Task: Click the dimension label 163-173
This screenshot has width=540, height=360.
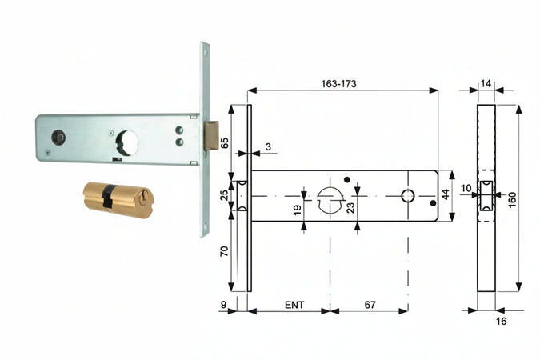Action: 338,84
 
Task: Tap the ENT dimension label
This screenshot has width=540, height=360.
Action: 294,305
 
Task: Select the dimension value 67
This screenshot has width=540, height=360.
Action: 370,305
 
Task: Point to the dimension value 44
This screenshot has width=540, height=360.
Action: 446,194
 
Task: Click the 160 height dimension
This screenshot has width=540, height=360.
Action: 512,199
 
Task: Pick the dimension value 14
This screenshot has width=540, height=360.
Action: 486,84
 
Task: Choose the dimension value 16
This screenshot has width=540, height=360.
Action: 501,321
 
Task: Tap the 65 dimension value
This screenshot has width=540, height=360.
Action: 224,142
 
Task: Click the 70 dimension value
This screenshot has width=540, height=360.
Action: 224,250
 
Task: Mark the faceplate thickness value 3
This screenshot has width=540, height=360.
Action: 268,146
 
